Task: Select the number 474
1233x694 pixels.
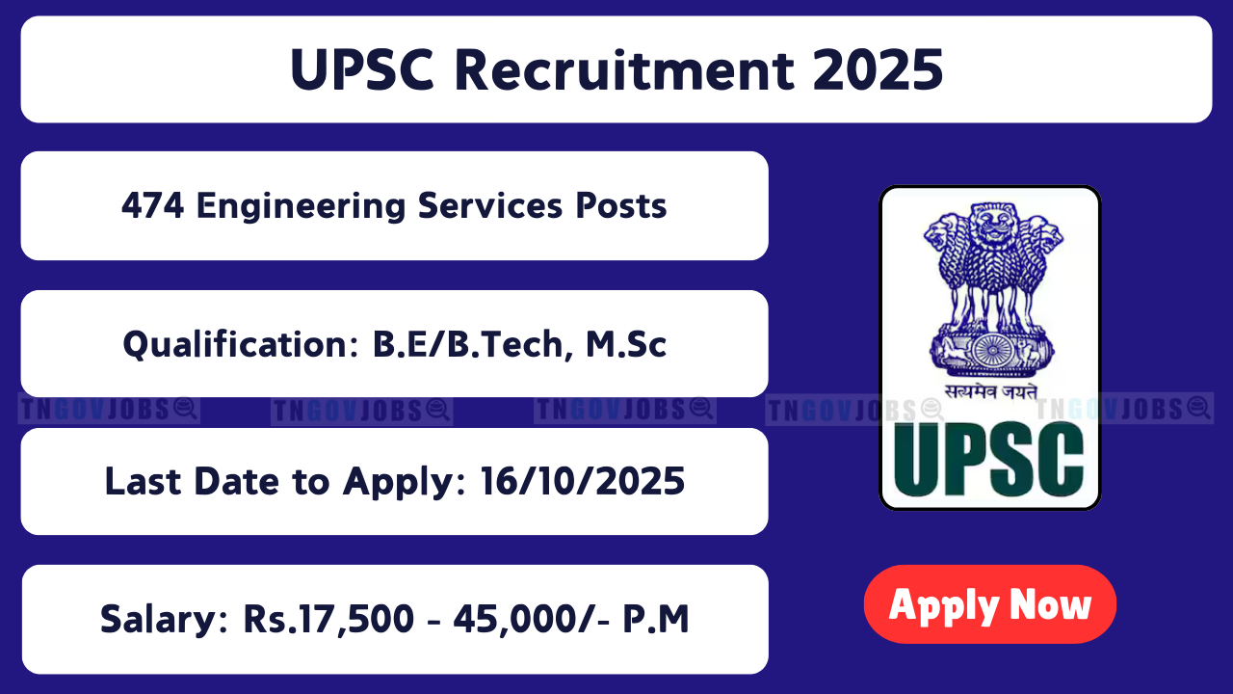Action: tap(152, 206)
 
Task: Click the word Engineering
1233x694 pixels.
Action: tap(302, 207)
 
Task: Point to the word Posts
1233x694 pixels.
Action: tap(621, 206)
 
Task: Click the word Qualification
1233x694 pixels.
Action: tap(241, 345)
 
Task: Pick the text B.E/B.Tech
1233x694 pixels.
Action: tap(468, 345)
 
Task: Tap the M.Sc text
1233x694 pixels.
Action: tap(626, 344)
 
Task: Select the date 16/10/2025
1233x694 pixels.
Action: tap(583, 481)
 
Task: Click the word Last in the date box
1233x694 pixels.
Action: tap(143, 481)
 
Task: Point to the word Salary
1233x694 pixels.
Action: tap(164, 620)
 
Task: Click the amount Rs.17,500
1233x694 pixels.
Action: tap(328, 620)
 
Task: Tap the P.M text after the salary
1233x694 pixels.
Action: tap(656, 619)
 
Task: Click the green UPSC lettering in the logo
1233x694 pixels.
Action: tap(988, 460)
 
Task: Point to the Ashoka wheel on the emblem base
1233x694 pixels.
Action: tap(992, 351)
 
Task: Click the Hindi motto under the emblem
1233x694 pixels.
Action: tap(991, 391)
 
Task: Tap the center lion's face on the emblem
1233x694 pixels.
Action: tap(993, 221)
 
